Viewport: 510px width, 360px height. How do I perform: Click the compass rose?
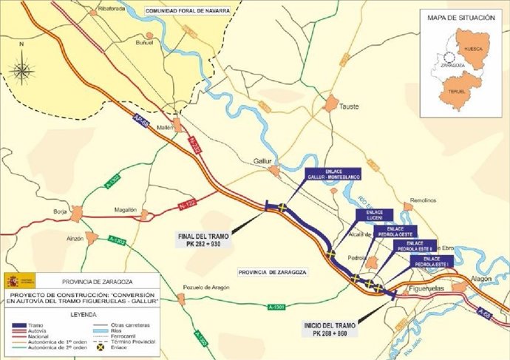[23, 71]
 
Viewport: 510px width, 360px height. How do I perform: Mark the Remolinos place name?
[420, 201]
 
